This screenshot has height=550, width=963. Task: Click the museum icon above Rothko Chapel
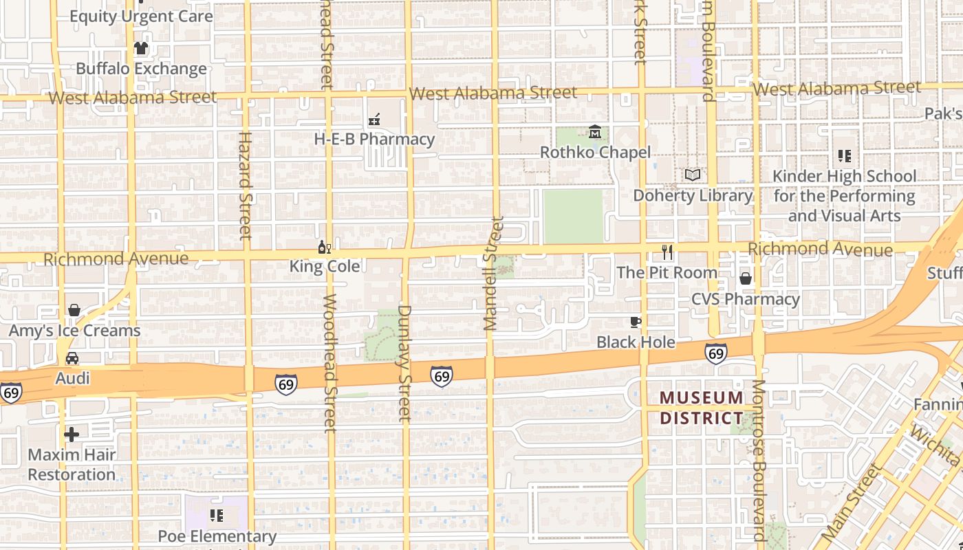(x=595, y=131)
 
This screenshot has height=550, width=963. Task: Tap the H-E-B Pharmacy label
(x=374, y=139)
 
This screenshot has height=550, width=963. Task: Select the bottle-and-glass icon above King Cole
(x=324, y=247)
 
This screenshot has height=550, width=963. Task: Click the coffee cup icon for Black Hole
(x=636, y=322)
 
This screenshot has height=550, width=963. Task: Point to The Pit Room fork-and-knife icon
(x=667, y=252)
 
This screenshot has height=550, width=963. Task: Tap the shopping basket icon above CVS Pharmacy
(x=746, y=278)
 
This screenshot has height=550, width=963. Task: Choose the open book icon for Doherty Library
(x=693, y=175)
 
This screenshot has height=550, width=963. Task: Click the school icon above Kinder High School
(x=845, y=156)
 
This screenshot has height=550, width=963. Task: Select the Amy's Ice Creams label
(x=74, y=331)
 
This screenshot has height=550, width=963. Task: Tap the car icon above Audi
(x=72, y=358)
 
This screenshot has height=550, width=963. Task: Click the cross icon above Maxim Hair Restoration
(x=72, y=434)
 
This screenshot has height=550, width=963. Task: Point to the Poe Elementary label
(x=217, y=536)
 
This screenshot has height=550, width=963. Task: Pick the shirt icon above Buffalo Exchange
(x=141, y=48)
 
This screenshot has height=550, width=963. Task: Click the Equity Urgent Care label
(x=141, y=16)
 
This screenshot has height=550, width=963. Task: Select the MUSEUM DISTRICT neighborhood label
(x=702, y=408)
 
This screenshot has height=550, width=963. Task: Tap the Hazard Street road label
(x=246, y=186)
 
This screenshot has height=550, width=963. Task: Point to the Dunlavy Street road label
(x=404, y=363)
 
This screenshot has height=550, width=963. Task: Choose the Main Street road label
(x=852, y=503)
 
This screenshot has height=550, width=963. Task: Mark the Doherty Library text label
(x=693, y=195)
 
